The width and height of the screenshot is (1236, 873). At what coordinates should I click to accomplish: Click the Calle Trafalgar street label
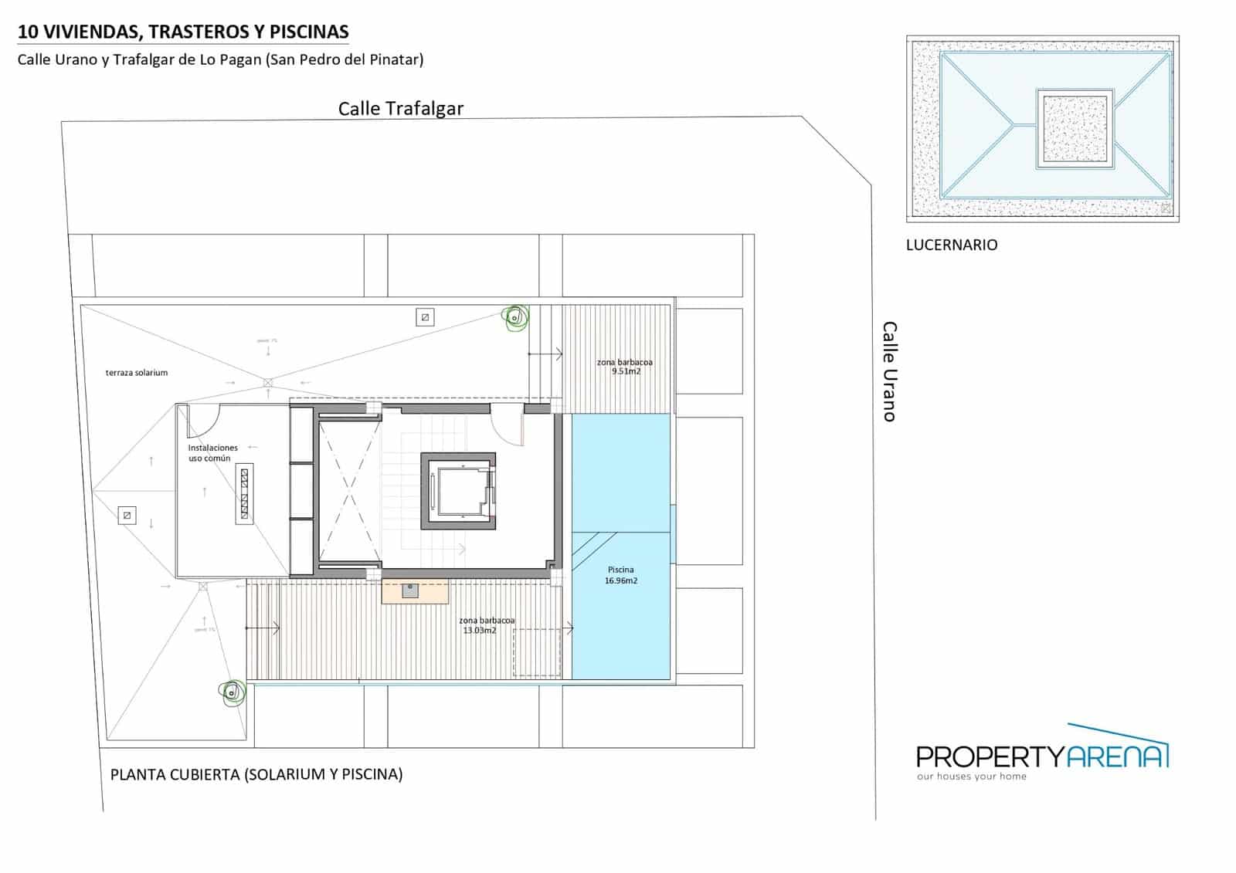tap(400, 109)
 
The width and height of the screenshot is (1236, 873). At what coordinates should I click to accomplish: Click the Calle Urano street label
tap(890, 371)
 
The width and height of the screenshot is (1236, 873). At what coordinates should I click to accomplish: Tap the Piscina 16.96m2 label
tap(621, 575)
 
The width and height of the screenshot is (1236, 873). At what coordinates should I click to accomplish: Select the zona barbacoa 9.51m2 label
tap(625, 367)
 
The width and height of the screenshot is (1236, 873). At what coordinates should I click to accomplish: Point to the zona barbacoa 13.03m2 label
tap(486, 625)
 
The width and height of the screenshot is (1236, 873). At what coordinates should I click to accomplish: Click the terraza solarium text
tap(137, 373)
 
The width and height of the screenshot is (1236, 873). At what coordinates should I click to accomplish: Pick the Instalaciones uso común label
tap(212, 453)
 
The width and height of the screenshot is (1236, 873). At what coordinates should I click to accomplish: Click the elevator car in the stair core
tap(459, 491)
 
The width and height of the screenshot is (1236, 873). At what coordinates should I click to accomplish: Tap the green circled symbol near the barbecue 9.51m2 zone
tap(514, 318)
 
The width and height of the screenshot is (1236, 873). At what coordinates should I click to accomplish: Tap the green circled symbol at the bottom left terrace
tap(230, 692)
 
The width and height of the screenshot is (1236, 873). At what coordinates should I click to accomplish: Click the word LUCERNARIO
tap(952, 245)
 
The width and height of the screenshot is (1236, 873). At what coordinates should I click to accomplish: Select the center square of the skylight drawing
tap(1075, 129)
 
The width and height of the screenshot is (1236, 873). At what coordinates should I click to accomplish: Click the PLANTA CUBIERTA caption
tap(256, 774)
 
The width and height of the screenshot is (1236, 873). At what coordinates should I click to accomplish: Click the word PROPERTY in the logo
tap(990, 757)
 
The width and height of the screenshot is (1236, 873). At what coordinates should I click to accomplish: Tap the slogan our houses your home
tap(972, 777)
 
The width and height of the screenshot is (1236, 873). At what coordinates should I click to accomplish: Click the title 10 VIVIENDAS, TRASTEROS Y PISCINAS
tap(183, 32)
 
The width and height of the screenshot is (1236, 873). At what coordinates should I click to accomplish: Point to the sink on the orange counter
tap(410, 590)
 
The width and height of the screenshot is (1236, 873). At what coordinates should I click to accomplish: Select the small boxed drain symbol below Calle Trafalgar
tap(425, 317)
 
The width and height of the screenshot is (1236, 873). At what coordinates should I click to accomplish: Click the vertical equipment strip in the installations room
tap(245, 494)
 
